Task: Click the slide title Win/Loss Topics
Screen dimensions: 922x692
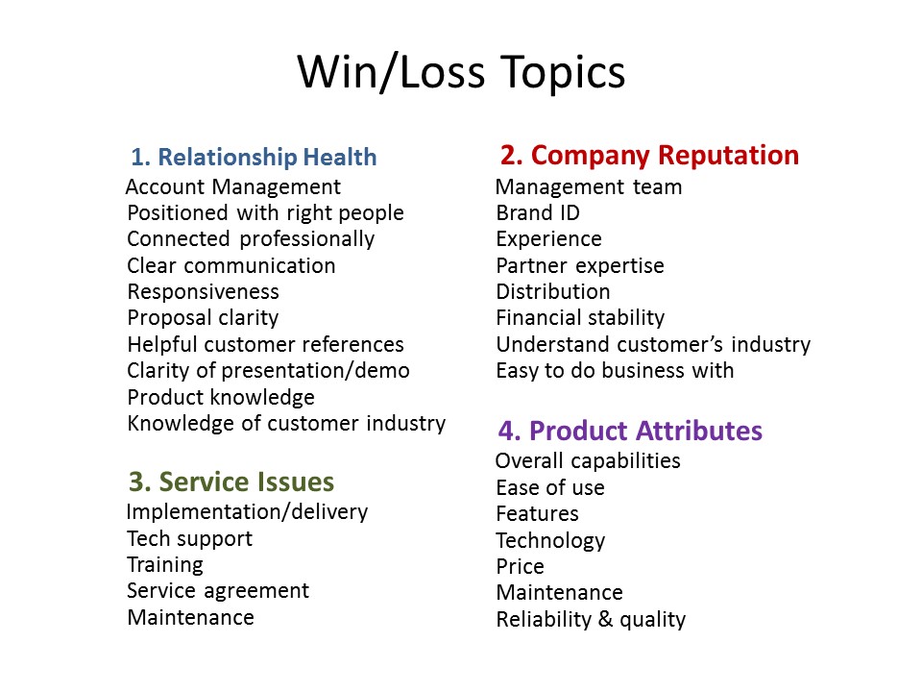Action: [461, 72]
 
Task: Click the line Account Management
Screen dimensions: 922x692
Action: [232, 187]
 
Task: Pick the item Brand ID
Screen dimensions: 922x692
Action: [538, 213]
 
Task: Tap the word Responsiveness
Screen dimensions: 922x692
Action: [204, 292]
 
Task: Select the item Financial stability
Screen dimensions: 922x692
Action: [580, 318]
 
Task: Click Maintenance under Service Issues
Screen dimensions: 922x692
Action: [191, 617]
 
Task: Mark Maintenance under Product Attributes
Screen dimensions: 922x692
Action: [559, 592]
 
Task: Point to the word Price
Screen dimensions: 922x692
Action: [521, 566]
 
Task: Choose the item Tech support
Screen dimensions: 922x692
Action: [190, 539]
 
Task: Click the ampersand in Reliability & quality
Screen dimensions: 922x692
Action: [605, 619]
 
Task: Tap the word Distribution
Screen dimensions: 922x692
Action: [553, 292]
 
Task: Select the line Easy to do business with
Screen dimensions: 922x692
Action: [615, 371]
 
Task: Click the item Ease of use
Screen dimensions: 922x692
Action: [550, 488]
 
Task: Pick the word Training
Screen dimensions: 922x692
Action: [165, 565]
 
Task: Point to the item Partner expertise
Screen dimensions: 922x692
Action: [580, 266]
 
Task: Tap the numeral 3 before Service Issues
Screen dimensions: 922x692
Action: [136, 482]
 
